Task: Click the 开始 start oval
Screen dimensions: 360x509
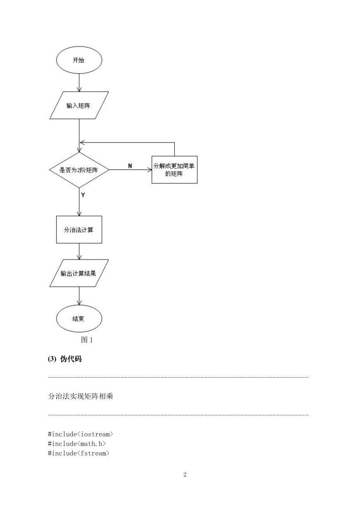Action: click(79, 60)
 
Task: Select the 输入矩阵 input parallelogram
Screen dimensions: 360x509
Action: click(79, 105)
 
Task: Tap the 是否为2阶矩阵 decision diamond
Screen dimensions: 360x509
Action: click(79, 170)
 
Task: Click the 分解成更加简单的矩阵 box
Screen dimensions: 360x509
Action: click(174, 170)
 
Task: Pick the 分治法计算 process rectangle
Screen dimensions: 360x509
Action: click(79, 230)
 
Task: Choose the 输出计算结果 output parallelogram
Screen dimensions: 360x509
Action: click(79, 273)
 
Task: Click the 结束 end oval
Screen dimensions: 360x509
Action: click(79, 318)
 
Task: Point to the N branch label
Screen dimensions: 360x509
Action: click(130, 166)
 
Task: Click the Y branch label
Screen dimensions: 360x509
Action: click(83, 195)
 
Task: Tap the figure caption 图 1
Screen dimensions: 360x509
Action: click(87, 340)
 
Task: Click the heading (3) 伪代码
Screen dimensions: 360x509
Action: click(65, 359)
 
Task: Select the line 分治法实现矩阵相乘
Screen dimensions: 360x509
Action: click(80, 396)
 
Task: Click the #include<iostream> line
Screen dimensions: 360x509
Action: click(80, 434)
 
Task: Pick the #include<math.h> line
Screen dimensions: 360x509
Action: click(77, 444)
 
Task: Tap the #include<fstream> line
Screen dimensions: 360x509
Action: click(79, 453)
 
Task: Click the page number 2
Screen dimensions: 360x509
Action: click(185, 475)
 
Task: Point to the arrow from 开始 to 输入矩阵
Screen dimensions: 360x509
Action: click(79, 83)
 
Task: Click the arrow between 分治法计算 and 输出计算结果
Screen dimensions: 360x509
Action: click(79, 251)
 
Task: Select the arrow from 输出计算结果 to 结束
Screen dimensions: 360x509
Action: click(79, 296)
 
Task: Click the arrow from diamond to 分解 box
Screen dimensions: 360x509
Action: click(130, 170)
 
